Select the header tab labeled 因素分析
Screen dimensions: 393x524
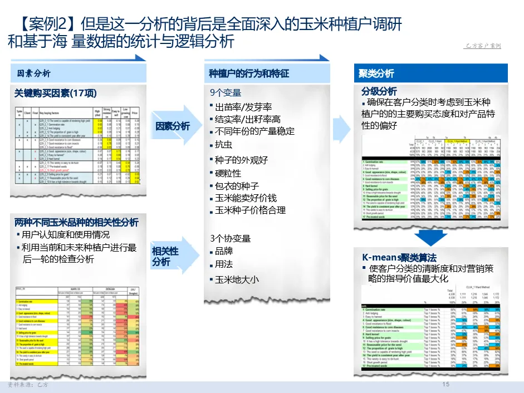[33, 73]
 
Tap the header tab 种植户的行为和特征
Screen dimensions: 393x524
[249, 73]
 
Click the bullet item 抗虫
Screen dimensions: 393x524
[223, 145]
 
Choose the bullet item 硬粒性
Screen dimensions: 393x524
[228, 173]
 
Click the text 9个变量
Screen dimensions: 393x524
[226, 93]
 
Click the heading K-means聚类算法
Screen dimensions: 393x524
[399, 257]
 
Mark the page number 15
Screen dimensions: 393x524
[445, 385]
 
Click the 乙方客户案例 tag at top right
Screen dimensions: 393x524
[482, 46]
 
